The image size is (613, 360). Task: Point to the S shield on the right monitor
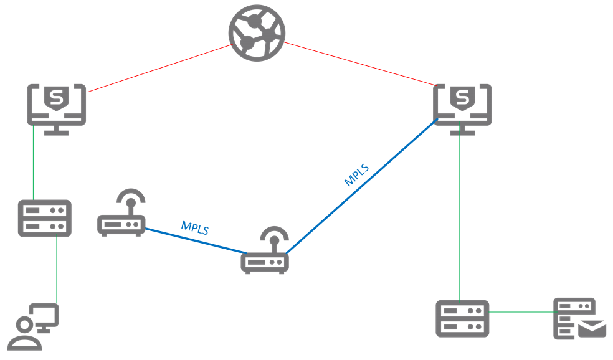pyautogui.click(x=462, y=98)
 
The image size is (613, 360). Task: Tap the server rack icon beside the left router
pyautogui.click(x=44, y=218)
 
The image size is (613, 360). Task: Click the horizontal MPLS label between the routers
pyautogui.click(x=194, y=227)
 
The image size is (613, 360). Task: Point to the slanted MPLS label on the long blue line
pyautogui.click(x=356, y=175)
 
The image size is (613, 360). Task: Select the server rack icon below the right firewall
pyautogui.click(x=462, y=318)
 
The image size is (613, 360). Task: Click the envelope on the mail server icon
pyautogui.click(x=592, y=328)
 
